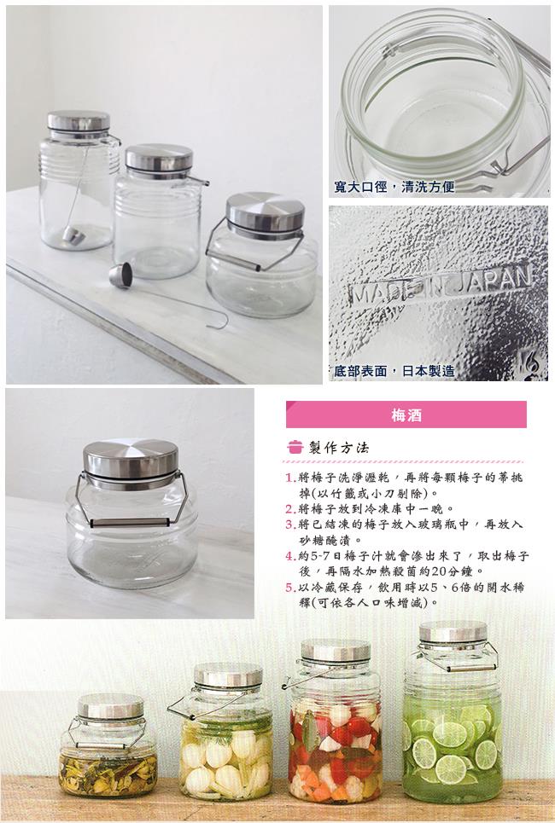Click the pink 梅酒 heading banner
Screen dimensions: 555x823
coord(406,414)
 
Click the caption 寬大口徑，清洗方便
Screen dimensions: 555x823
coord(394,186)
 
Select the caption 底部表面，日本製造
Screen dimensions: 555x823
coord(394,371)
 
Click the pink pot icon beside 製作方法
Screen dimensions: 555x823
coord(295,447)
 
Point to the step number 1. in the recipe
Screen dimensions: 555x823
coord(290,478)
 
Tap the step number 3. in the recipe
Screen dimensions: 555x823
coord(290,525)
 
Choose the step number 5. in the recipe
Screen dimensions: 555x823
coord(290,588)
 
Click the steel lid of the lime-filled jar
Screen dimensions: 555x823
coord(453,633)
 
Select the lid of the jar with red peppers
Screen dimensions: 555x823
coord(336,651)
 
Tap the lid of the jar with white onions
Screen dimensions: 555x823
coord(228,675)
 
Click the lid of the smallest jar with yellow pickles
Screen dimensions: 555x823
coord(110,706)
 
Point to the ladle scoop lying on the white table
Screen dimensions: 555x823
coord(120,276)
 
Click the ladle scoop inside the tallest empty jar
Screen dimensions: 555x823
coord(73,235)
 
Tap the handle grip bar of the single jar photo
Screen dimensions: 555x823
coord(130,523)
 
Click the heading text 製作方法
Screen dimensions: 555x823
coord(339,447)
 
